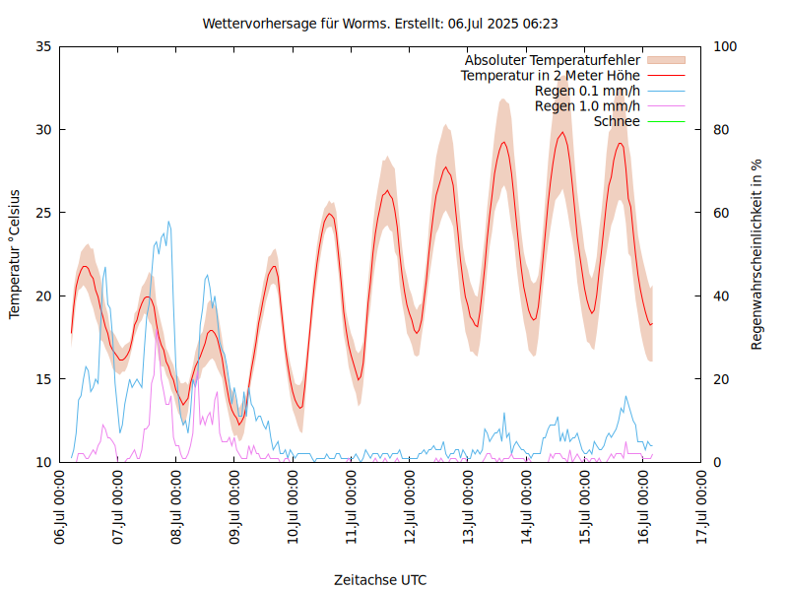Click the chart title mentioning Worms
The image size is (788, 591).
coord(380,23)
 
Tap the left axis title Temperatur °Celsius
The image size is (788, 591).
coord(15,254)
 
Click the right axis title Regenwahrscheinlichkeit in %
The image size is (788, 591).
coord(756,254)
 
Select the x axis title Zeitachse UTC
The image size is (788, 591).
coord(380,579)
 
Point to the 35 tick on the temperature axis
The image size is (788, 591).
coord(43,46)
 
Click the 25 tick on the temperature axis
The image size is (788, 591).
coord(43,213)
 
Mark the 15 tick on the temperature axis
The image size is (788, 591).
coord(43,379)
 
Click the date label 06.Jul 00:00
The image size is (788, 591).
coord(60,508)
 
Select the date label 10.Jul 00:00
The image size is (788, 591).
coord(294,508)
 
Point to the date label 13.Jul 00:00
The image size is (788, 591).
coord(469,508)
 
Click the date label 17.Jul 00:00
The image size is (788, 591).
coord(702,508)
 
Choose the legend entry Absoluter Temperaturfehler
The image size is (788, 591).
coord(553,60)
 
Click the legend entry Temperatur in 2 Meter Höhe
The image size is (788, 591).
coord(551,75)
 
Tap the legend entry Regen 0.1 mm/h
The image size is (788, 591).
coord(587,91)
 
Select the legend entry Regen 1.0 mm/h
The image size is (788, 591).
coord(587,105)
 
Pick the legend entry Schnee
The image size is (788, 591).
coord(618,121)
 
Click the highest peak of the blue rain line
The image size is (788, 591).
coord(168,222)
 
